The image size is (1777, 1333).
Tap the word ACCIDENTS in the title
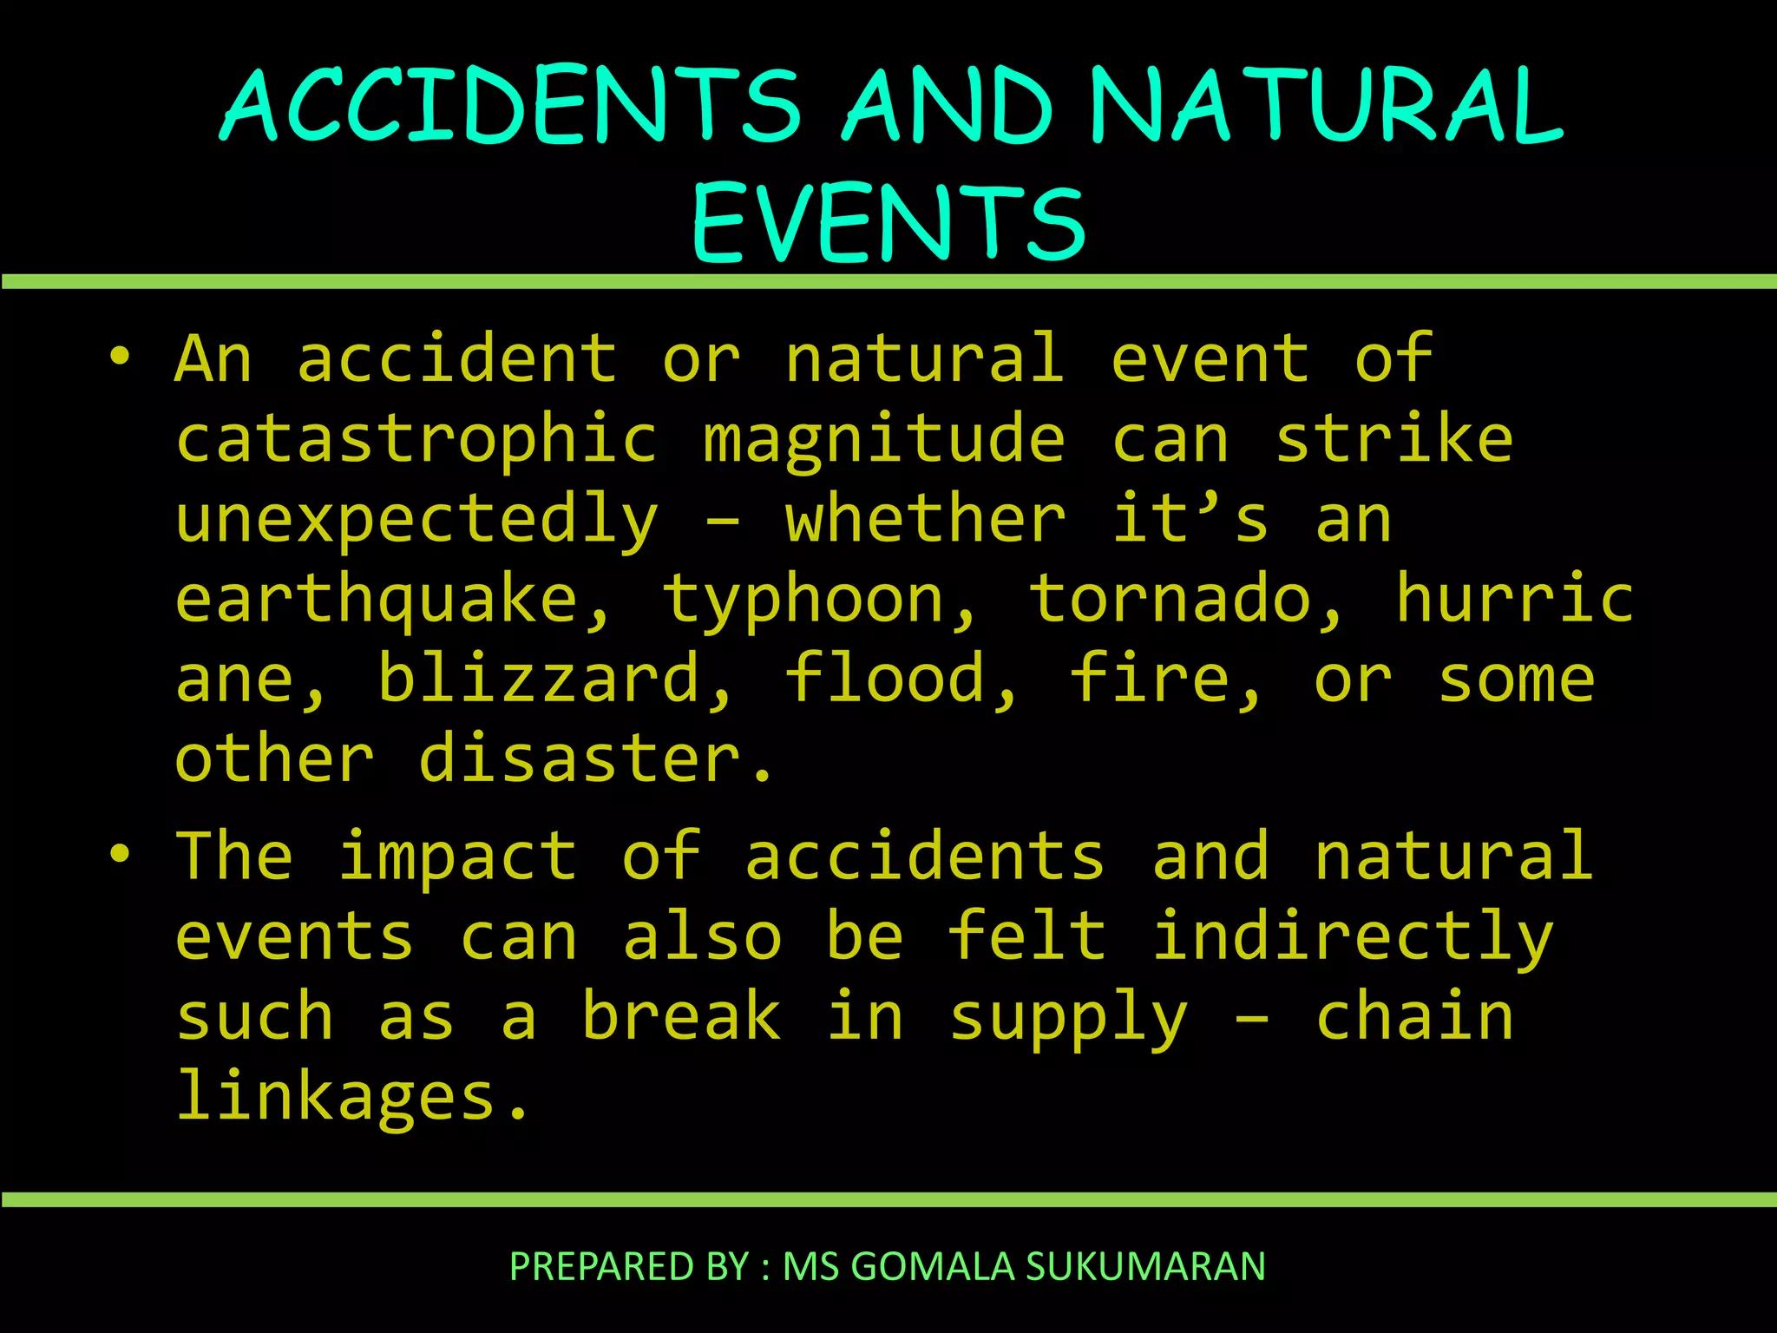510,106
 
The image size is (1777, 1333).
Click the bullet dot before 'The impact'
120,853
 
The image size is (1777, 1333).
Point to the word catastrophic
416,439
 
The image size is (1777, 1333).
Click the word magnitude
883,441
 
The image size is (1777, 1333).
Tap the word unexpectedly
416,521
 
